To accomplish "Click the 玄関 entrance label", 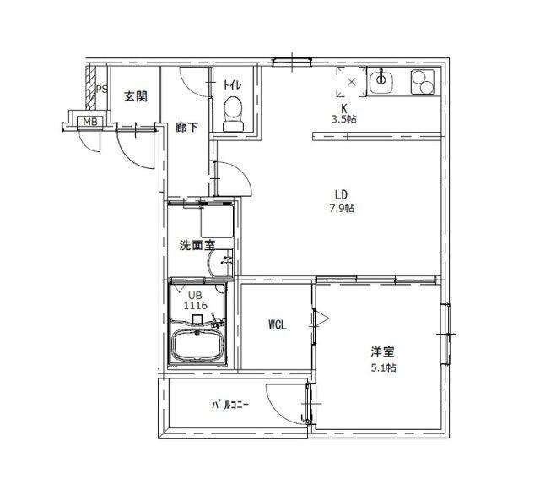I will click(136, 96).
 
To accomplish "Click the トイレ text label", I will click(232, 84).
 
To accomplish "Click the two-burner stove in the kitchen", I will click(423, 82).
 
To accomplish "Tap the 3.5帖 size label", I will click(343, 120).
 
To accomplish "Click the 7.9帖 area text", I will click(343, 208).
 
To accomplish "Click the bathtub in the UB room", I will click(199, 345).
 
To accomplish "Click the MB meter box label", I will click(88, 123).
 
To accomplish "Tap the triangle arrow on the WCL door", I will click(321, 318).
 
